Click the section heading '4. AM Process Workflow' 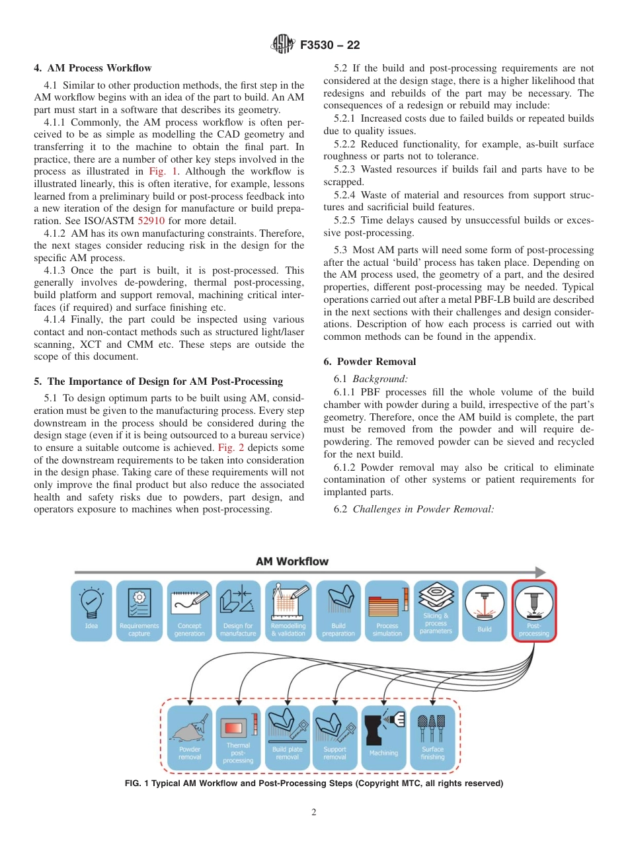(93, 68)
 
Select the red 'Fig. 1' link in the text (161, 172)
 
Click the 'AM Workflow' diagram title (292, 561)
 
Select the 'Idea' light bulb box (91, 610)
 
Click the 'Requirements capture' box (139, 610)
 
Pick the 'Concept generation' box (190, 610)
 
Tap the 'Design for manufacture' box (238, 610)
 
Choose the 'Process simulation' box (387, 610)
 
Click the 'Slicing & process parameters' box (436, 610)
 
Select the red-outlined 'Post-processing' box (534, 610)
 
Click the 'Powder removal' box (190, 737)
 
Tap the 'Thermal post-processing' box (238, 737)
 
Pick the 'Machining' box (384, 737)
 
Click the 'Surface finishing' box (433, 737)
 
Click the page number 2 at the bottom (314, 813)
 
